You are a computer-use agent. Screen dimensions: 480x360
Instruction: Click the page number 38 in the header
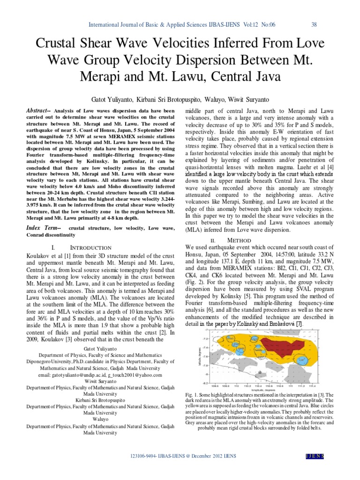coord(314,24)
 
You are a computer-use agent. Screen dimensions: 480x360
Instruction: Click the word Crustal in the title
coord(60,45)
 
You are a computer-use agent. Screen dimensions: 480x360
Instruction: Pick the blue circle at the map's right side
coord(303,359)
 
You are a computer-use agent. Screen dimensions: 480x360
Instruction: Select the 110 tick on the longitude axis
coord(235,386)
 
